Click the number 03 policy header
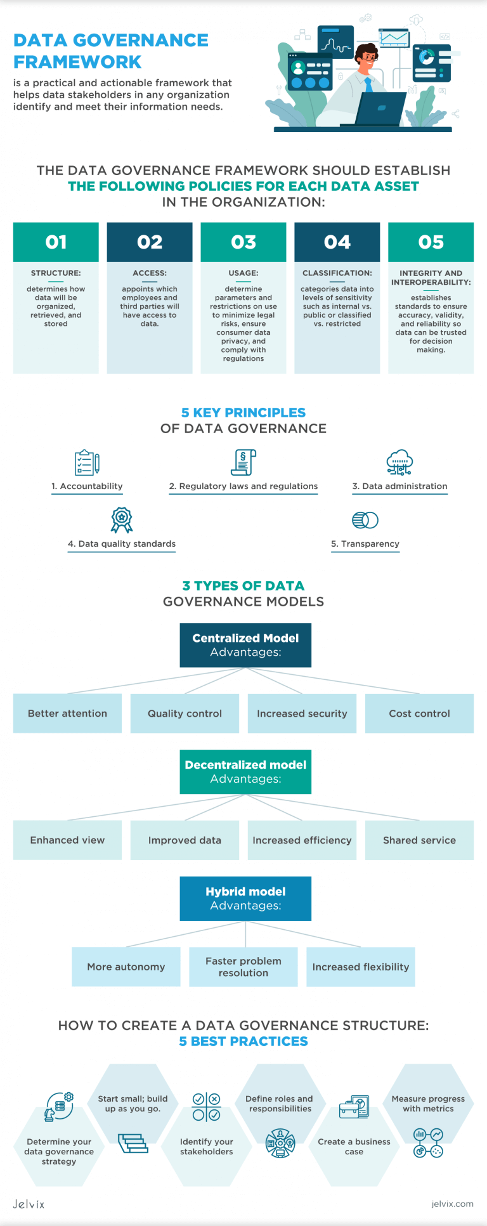coord(243,242)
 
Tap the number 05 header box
coord(431,242)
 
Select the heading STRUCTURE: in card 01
coord(56,273)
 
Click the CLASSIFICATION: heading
coord(337,273)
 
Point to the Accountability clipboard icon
coord(87,462)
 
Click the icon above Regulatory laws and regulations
coord(243,462)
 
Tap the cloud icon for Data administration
coord(399,462)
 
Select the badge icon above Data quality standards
coord(122,520)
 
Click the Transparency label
coord(365,544)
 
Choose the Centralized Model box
coord(245,645)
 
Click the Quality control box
coord(185,714)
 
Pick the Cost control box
coord(419,714)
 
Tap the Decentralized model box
coord(245,772)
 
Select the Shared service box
coord(419,840)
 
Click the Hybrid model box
coord(245,899)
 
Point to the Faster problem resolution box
coord(243,967)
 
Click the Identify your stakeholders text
coord(207,1147)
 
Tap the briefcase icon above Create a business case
coord(354,1107)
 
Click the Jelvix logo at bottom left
coord(29,1204)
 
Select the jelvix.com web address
coord(452,1204)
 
